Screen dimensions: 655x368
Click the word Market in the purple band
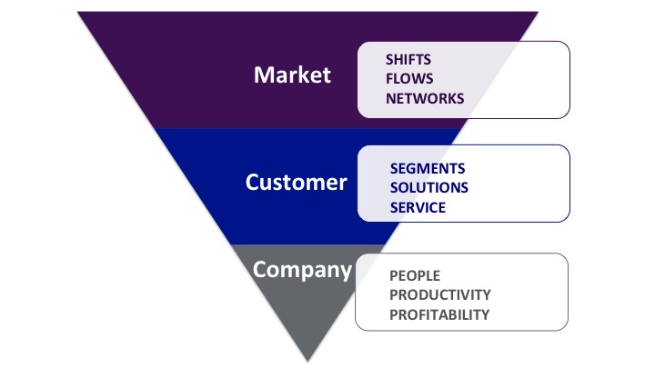[292, 75]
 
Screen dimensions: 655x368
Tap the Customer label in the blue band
[297, 183]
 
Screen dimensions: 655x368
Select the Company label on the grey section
[302, 271]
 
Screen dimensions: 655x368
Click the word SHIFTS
[408, 60]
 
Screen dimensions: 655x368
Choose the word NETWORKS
[425, 98]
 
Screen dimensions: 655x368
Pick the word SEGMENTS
[428, 169]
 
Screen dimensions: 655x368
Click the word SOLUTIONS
[429, 188]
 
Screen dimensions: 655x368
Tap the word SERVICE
[418, 207]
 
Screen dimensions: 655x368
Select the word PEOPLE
[415, 276]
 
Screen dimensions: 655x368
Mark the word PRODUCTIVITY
[440, 295]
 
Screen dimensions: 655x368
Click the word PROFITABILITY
[439, 314]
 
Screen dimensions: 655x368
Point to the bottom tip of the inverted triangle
[307, 361]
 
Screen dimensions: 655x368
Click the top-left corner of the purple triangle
[78, 12]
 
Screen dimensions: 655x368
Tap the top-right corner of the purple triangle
[538, 12]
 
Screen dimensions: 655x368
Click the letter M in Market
[263, 75]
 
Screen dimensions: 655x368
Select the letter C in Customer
[252, 183]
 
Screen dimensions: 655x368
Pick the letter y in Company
[345, 273]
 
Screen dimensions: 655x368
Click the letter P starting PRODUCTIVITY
[393, 295]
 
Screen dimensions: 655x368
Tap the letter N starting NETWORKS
[390, 98]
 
